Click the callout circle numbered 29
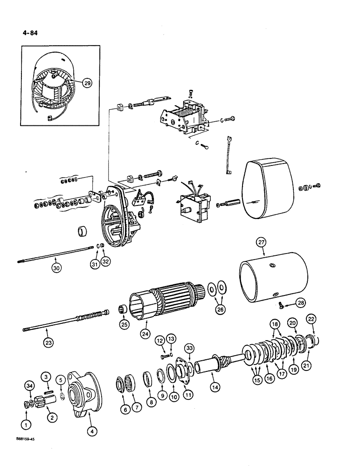[x=87, y=83]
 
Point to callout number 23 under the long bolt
[x=49, y=342]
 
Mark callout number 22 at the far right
[x=311, y=319]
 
